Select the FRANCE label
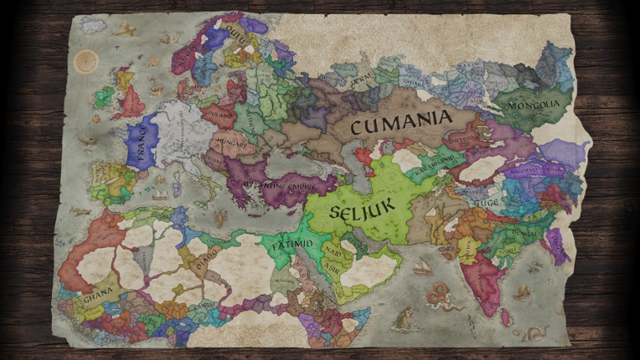tap(142, 147)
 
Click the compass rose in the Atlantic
tap(85, 61)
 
